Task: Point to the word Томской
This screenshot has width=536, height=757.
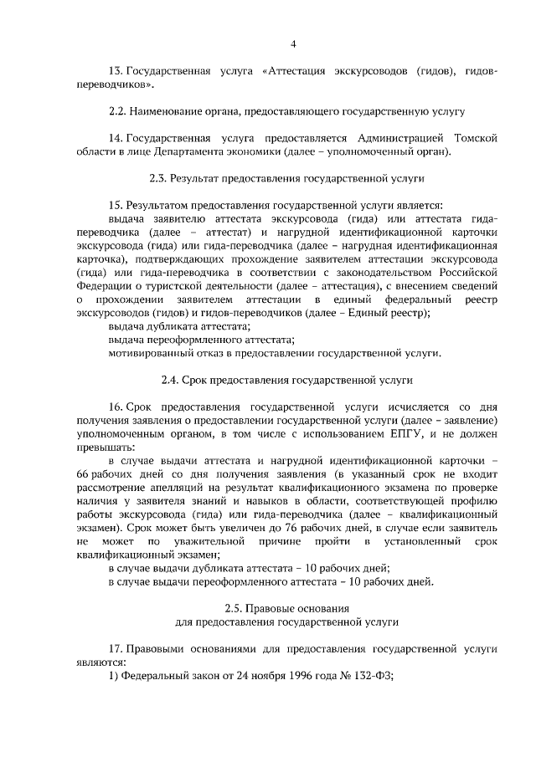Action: (476, 137)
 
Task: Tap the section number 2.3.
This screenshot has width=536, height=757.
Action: (157, 177)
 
